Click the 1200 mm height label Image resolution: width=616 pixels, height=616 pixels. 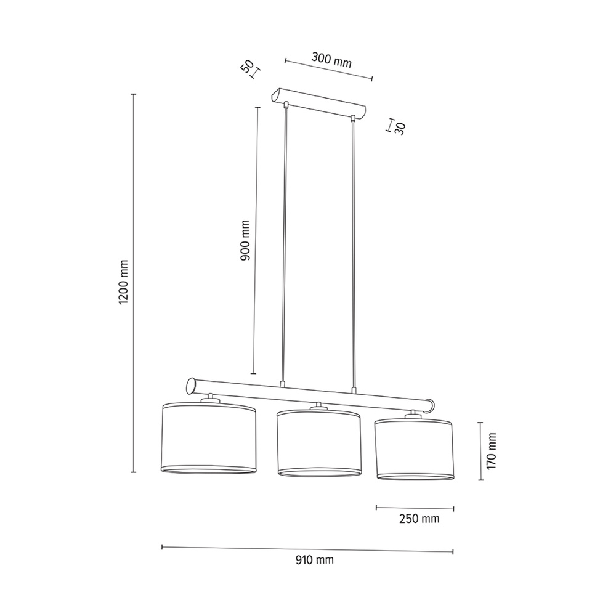click(x=123, y=283)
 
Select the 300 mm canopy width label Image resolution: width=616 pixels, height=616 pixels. click(x=331, y=60)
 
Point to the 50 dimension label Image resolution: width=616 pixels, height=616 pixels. click(x=248, y=67)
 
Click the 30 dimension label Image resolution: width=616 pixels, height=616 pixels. click(x=399, y=128)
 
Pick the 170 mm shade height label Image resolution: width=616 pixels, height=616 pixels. click(x=491, y=451)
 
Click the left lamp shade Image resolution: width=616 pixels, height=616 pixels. click(x=208, y=438)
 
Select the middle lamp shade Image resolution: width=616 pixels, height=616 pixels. click(x=318, y=443)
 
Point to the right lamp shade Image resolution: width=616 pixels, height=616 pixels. click(x=413, y=449)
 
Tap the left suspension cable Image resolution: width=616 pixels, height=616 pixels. click(x=285, y=246)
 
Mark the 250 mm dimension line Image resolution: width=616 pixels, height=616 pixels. click(x=415, y=508)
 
